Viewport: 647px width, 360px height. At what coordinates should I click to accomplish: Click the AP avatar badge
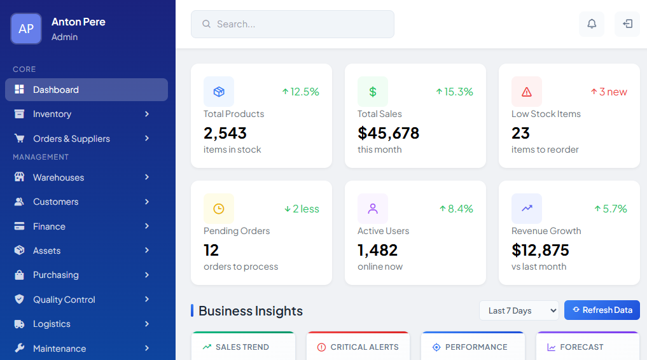tap(26, 29)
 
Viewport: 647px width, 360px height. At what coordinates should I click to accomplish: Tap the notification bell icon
tap(592, 24)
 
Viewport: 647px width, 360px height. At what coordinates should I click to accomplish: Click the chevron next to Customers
tap(147, 202)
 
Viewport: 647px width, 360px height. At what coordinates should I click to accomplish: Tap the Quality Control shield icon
tap(20, 299)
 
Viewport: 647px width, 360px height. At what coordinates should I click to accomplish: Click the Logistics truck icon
tap(20, 324)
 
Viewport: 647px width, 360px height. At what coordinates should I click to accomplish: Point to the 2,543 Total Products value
tap(225, 133)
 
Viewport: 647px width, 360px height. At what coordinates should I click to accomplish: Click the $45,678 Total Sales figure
tap(388, 133)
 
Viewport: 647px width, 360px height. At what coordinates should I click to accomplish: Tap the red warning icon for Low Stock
tap(527, 92)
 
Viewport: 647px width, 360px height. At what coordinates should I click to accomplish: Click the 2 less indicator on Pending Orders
tap(302, 209)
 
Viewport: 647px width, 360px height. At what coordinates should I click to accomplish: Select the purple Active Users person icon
tap(373, 209)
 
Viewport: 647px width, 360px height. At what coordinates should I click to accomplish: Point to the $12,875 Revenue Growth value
tap(540, 250)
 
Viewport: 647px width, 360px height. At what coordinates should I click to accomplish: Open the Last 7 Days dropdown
tap(518, 310)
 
